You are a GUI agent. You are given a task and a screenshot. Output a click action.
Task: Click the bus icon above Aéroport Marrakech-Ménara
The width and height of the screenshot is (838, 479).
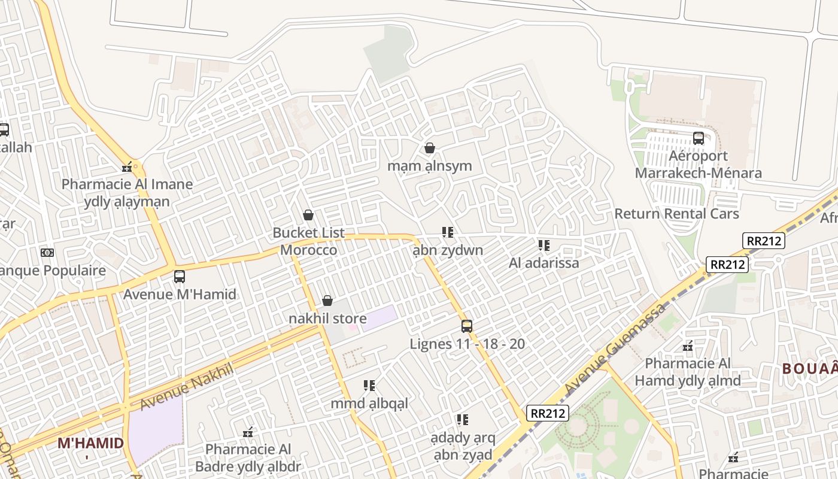(x=698, y=138)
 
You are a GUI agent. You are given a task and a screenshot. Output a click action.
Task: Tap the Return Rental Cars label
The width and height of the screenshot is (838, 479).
(x=676, y=214)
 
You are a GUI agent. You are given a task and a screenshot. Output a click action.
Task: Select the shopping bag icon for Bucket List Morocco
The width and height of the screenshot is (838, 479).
(x=308, y=215)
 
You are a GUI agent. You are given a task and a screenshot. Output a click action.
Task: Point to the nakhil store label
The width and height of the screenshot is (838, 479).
(x=327, y=318)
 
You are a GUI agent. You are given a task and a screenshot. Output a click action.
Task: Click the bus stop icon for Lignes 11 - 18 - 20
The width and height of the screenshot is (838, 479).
(x=467, y=326)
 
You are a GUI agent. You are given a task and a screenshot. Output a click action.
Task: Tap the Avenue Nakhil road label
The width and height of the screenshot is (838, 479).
(x=186, y=387)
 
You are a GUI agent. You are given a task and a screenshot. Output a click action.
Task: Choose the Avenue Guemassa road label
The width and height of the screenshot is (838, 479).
(x=615, y=349)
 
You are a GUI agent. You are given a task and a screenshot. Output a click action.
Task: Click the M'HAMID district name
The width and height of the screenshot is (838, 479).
(x=90, y=444)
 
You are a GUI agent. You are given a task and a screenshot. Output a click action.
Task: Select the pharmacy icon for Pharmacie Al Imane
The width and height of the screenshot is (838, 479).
(x=127, y=167)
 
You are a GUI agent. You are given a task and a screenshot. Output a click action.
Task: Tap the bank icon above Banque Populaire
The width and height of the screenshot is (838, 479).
(x=47, y=253)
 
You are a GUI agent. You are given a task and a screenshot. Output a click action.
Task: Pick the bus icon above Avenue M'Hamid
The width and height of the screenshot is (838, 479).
(x=180, y=277)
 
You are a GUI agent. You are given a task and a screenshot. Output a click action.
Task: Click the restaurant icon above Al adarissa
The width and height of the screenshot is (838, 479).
(x=544, y=245)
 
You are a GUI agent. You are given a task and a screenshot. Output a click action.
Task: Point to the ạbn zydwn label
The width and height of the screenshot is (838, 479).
(x=448, y=250)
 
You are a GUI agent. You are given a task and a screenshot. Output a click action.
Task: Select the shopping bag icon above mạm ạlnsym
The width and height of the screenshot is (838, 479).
(x=429, y=148)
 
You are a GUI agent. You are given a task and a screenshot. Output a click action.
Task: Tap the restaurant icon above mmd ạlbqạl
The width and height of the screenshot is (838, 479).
(x=369, y=386)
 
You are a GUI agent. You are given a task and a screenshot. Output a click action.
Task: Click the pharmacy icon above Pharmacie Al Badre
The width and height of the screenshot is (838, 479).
(x=248, y=432)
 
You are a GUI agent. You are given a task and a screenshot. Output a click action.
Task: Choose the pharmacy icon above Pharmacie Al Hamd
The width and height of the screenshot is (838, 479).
(x=688, y=346)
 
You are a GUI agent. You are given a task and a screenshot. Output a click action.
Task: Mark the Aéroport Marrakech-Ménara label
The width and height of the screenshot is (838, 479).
(x=698, y=165)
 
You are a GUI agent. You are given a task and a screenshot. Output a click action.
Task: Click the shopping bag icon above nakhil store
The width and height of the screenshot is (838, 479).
(x=327, y=301)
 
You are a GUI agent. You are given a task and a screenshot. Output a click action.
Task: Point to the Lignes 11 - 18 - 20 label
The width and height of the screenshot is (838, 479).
(x=467, y=344)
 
